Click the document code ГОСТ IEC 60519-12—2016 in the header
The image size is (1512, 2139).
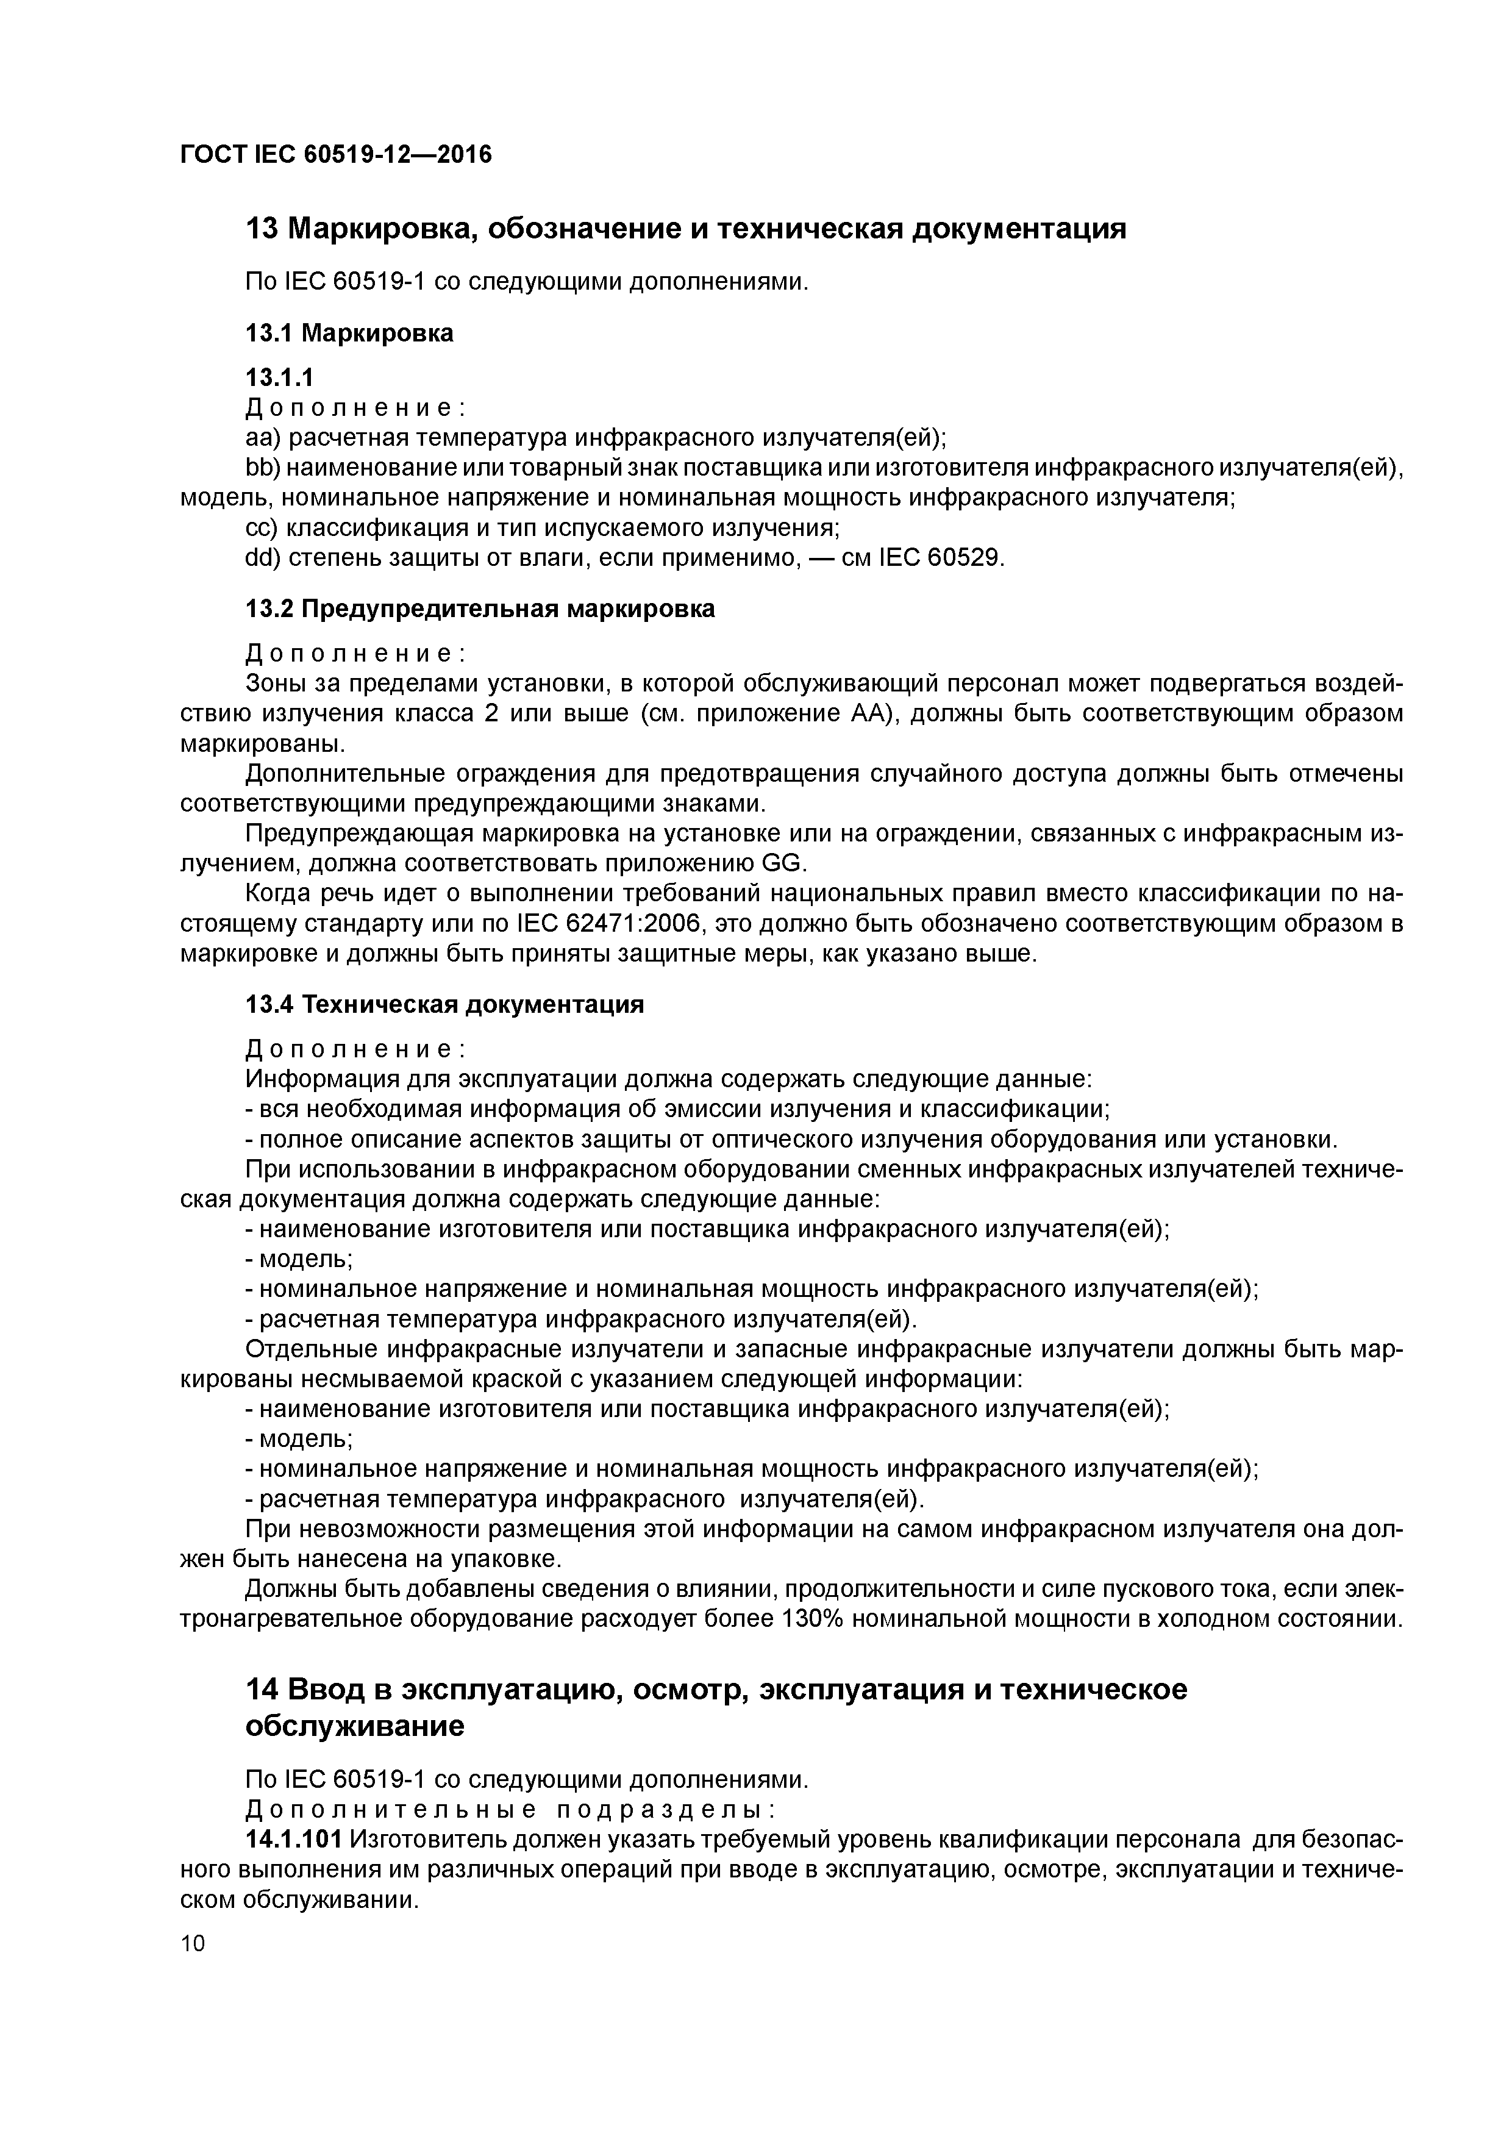335,154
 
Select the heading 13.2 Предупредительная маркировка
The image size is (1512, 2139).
480,609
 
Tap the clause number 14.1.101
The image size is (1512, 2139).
293,1840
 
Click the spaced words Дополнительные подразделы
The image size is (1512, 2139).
510,1810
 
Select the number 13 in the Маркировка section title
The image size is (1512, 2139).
262,228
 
